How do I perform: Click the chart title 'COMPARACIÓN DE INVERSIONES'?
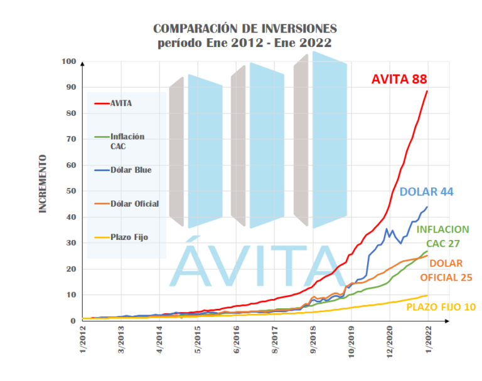point(245,29)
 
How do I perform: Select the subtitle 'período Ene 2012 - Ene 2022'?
point(245,43)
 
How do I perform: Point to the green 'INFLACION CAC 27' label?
point(442,236)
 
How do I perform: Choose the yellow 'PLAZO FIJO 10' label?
point(441,307)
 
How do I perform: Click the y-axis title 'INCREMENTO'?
point(43,184)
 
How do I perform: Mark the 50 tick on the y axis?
point(69,191)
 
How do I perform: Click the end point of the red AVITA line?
point(427,91)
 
